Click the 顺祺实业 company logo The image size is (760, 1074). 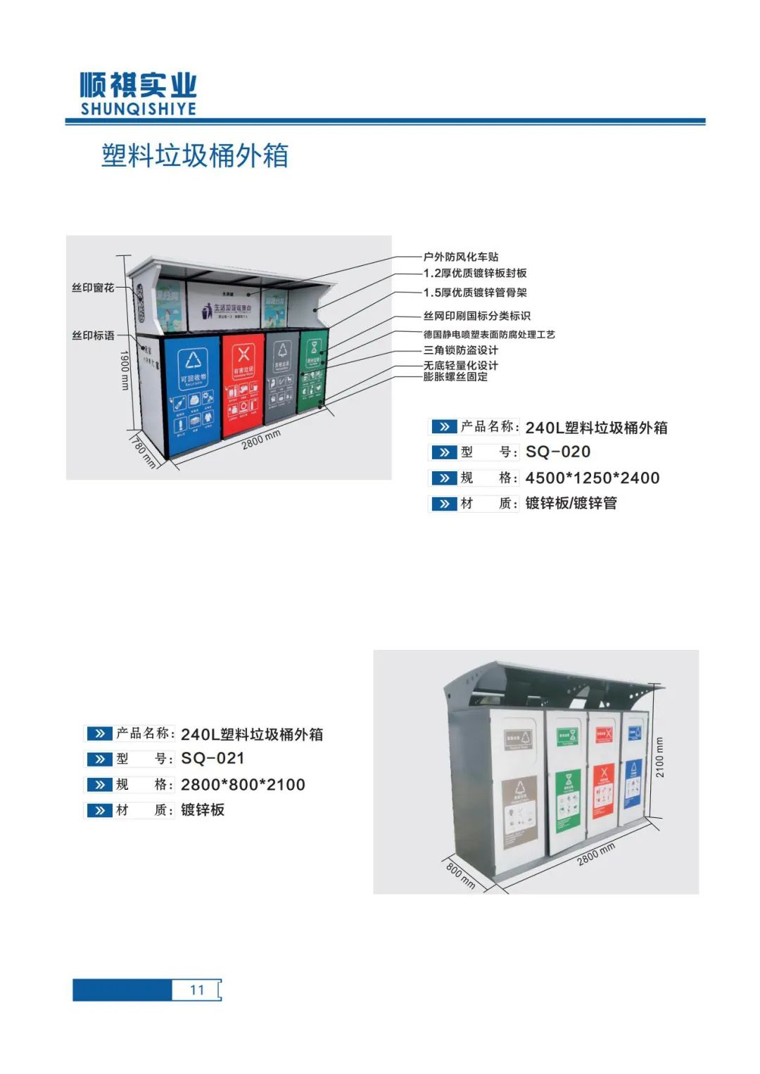[x=138, y=93]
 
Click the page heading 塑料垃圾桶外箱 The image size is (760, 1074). [x=195, y=155]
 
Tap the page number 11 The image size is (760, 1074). [x=197, y=990]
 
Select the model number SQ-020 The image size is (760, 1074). [x=558, y=452]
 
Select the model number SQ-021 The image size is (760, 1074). [x=213, y=758]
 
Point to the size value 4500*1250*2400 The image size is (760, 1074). [x=593, y=478]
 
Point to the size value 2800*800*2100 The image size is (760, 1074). [x=243, y=784]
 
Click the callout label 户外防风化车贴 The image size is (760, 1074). [x=461, y=257]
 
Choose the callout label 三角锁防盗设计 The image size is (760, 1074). [x=461, y=350]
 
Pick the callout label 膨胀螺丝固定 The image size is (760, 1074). [x=455, y=377]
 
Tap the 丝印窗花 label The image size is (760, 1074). [x=93, y=288]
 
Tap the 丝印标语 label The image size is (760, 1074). [x=93, y=335]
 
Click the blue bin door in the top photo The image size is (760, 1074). [x=191, y=394]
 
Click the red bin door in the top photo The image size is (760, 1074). [x=243, y=383]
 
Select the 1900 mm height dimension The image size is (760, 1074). [x=125, y=370]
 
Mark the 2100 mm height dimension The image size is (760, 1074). [x=660, y=757]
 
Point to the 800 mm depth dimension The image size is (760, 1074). [x=461, y=876]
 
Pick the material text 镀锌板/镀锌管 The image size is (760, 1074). [x=571, y=503]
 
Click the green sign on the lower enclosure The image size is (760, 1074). [x=569, y=798]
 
